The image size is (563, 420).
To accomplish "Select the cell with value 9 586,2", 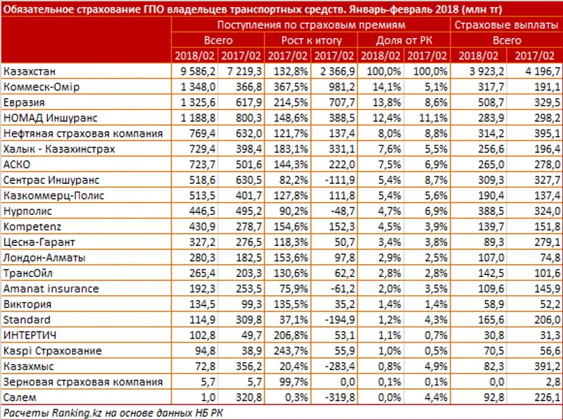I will pyautogui.click(x=194, y=72).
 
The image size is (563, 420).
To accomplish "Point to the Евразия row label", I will pyautogui.click(x=25, y=103).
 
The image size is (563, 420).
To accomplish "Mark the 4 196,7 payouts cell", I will pyautogui.click(x=535, y=72).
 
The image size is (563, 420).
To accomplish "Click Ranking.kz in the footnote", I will pyautogui.click(x=67, y=412).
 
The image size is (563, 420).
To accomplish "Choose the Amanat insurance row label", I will pyautogui.click(x=51, y=288).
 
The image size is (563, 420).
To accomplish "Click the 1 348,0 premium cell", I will pyautogui.click(x=194, y=87).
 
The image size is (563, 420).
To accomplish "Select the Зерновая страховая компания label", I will pyautogui.click(x=82, y=381).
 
